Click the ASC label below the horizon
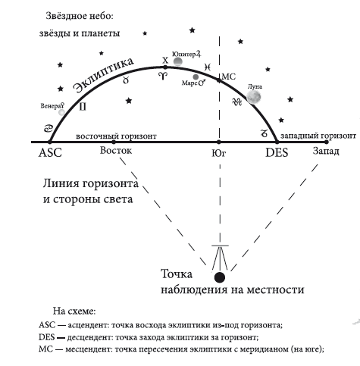50,153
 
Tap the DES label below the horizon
277,153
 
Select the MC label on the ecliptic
229,77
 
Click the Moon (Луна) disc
254,97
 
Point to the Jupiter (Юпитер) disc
178,61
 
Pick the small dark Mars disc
196,77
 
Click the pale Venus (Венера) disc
61,112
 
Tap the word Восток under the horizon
116,151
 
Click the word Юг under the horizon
219,153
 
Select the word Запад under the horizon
326,151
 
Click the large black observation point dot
220,277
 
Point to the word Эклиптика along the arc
104,75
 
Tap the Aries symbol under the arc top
163,76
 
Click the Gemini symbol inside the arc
83,107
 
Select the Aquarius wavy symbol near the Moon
236,102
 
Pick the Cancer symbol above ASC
49,129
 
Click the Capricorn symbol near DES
264,133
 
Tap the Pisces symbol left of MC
208,67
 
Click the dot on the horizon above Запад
327,142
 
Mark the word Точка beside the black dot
177,274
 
